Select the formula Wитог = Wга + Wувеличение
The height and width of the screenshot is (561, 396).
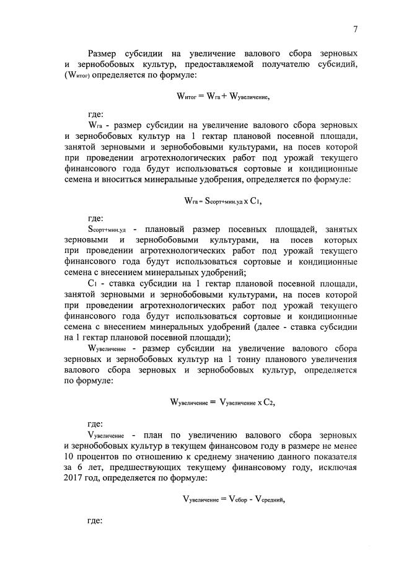223,97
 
